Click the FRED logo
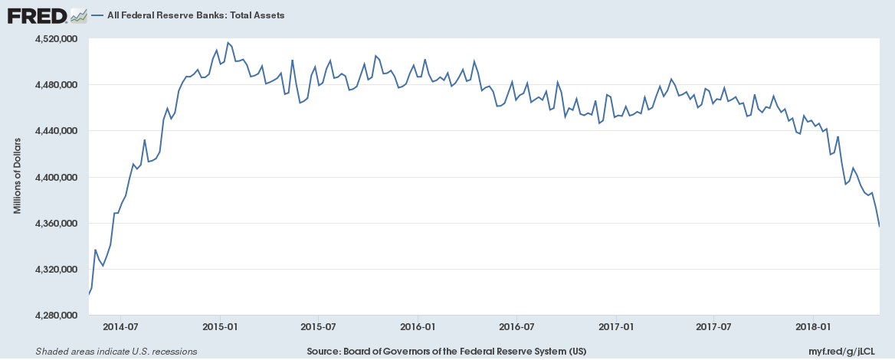point(48,15)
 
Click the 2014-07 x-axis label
point(120,326)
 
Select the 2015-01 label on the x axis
point(220,326)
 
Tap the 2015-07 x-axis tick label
point(318,326)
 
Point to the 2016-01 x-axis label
point(418,326)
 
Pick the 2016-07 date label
point(516,326)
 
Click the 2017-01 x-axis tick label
point(616,326)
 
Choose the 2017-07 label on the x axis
point(714,326)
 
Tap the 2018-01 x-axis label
point(814,326)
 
